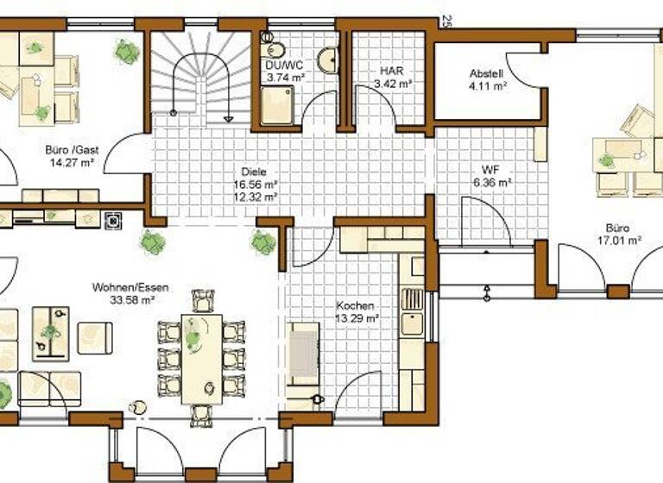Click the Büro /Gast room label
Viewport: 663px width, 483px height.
click(x=72, y=149)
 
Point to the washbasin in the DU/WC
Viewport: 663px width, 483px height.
click(x=327, y=60)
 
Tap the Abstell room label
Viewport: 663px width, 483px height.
click(x=485, y=73)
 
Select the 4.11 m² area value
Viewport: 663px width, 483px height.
click(x=485, y=85)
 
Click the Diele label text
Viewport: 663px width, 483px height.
click(x=254, y=172)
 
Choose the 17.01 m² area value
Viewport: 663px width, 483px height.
click(x=616, y=241)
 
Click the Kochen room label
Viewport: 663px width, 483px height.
click(x=356, y=306)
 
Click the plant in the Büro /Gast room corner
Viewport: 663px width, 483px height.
click(x=128, y=52)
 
